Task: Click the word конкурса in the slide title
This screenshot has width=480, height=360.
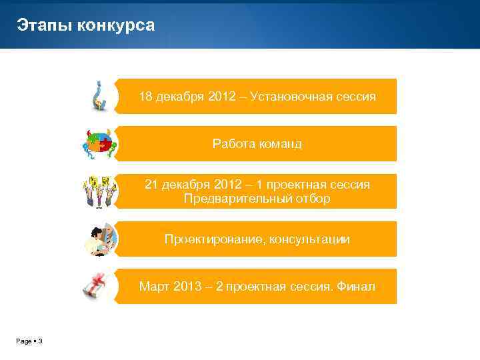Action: point(116,26)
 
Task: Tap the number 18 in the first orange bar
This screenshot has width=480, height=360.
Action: point(145,97)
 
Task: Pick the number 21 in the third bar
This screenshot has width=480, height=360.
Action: point(151,185)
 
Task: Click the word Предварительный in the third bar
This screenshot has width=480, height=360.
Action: point(235,199)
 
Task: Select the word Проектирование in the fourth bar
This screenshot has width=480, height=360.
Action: point(214,239)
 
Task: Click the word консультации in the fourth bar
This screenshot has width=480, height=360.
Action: point(309,239)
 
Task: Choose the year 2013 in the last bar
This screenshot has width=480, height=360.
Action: point(188,287)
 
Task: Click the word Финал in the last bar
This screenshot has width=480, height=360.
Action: point(356,287)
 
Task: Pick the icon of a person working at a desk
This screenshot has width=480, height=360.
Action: point(100,239)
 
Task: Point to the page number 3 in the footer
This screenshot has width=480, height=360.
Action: point(40,341)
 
